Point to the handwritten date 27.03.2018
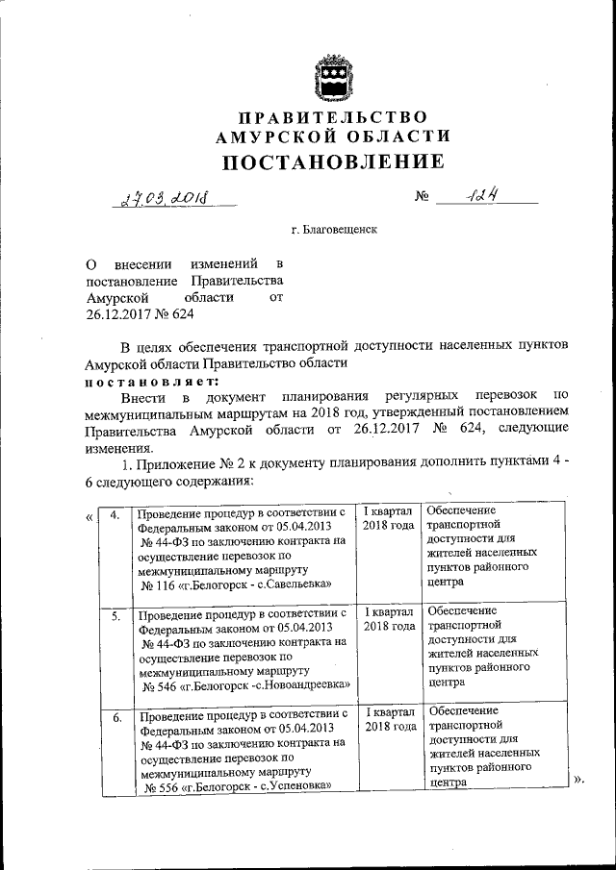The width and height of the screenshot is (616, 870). (x=165, y=199)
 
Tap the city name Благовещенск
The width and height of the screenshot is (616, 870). (x=343, y=231)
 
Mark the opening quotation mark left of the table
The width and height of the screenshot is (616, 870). (x=90, y=517)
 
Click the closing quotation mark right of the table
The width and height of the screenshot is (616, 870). (x=578, y=779)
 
